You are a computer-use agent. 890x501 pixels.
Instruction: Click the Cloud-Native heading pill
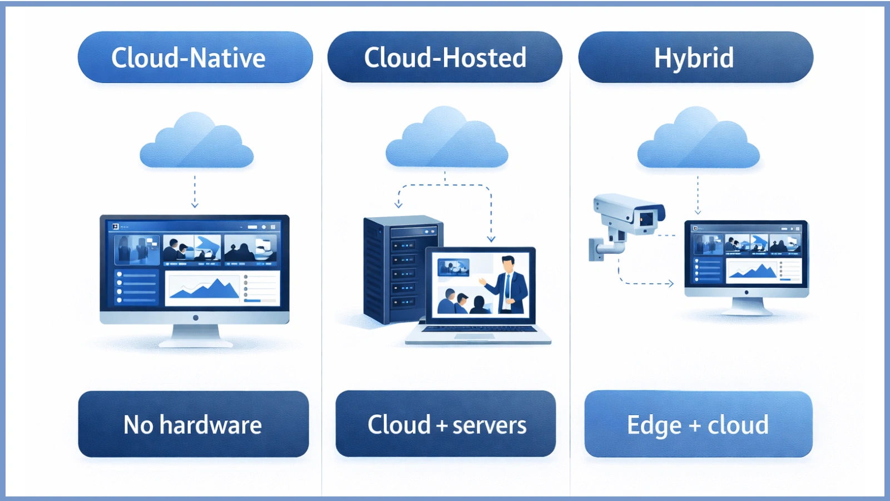click(195, 57)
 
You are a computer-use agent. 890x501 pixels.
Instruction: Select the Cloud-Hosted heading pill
click(445, 57)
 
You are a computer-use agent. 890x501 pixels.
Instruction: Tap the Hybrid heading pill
click(695, 57)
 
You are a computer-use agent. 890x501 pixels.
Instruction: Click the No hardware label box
click(193, 424)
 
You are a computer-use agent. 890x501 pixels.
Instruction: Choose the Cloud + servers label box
click(446, 424)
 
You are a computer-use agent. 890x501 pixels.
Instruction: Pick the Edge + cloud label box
click(698, 424)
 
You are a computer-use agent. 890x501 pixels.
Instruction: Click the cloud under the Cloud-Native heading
click(196, 144)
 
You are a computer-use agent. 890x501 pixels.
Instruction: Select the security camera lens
click(646, 218)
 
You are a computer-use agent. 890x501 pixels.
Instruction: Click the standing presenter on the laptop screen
click(509, 283)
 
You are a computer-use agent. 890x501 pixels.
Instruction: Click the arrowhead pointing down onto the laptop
click(491, 239)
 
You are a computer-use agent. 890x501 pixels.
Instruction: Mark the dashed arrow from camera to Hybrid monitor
click(645, 283)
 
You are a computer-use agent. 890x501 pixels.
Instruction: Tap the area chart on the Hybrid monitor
click(753, 272)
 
